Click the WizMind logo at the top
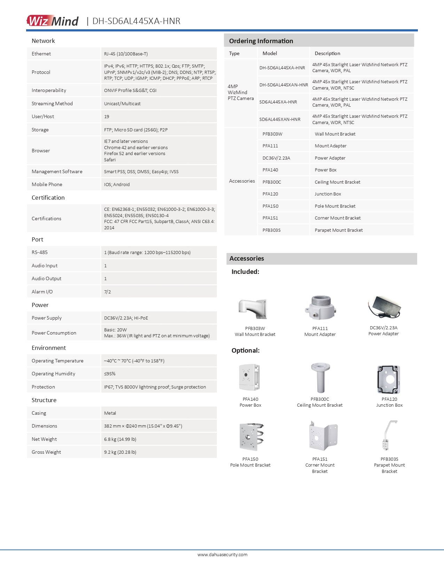coord(53,21)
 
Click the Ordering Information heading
coord(261,41)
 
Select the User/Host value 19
coord(107,116)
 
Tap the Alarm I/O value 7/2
coord(107,292)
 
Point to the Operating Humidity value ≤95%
coord(110,374)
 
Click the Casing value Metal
coord(110,413)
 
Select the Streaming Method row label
coord(52,103)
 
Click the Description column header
coord(327,53)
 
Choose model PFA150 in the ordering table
coord(271,206)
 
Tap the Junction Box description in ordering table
coord(328,194)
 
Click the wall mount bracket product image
coord(253,309)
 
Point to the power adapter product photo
coord(384,307)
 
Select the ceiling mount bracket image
coord(320,378)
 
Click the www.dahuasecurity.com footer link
coord(222,554)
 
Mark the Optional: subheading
coord(246,350)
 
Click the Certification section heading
coord(48,198)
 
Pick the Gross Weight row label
coord(46,452)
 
